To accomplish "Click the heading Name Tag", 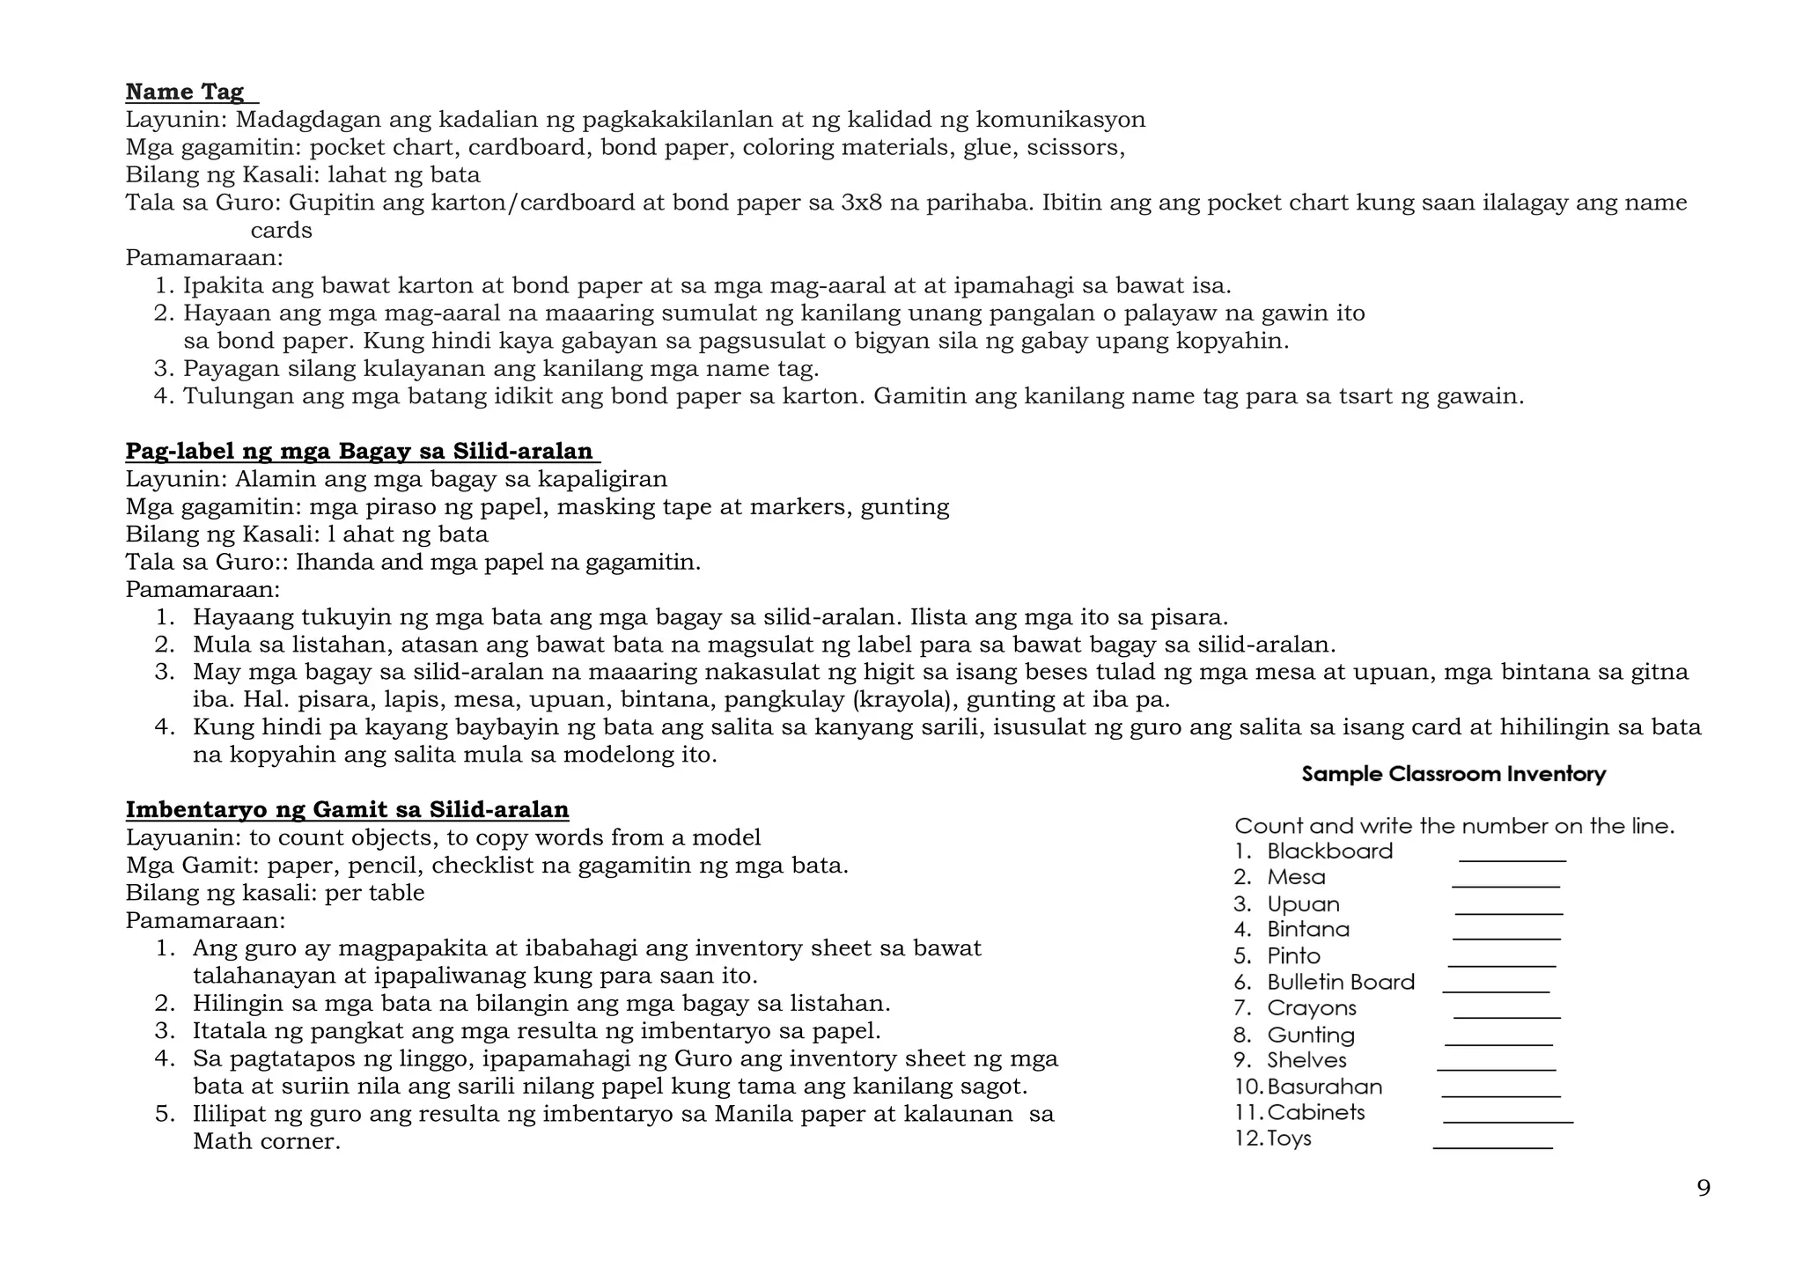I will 185,92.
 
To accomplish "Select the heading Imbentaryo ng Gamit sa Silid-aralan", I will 347,809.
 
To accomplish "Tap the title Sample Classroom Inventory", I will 1453,774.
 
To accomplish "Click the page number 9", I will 1704,1189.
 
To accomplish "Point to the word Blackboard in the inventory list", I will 1329,851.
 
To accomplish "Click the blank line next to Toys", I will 1492,1146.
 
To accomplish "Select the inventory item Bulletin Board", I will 1340,982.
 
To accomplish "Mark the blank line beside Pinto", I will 1501,964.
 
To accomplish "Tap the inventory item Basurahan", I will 1324,1087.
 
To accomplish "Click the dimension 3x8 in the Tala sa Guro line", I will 861,203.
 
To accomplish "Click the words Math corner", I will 266,1142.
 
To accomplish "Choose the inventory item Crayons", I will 1311,1008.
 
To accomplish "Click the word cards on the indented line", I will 281,231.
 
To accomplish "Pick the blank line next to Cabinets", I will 1507,1121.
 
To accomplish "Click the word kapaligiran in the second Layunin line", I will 602,479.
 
